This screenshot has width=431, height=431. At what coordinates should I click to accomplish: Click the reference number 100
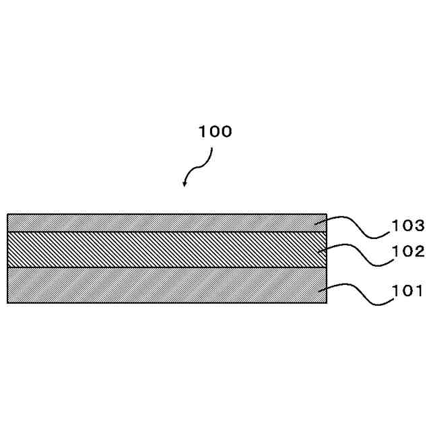(215, 132)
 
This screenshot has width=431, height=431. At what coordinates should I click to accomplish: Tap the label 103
(409, 225)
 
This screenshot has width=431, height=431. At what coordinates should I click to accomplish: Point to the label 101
(409, 291)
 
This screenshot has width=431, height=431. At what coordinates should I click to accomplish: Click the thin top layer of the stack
(162, 223)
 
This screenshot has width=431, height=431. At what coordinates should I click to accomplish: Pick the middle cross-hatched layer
(162, 249)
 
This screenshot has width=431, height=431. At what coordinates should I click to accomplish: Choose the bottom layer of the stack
(162, 285)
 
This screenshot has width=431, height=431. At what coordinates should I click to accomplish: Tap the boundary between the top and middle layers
(162, 232)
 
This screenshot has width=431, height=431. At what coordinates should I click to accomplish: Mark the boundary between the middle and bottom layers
(162, 267)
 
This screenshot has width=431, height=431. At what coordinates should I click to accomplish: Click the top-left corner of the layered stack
(7, 214)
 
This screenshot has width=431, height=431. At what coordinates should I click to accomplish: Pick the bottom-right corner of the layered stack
(327, 303)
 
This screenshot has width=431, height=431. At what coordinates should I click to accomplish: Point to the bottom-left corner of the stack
(7, 303)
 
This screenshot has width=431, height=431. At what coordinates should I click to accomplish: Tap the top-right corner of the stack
(327, 214)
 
